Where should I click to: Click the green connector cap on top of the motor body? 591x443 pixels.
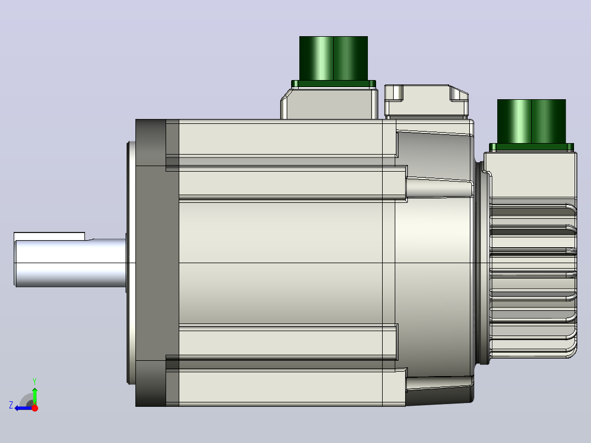click(333, 58)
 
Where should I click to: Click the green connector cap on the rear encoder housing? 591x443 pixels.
click(531, 121)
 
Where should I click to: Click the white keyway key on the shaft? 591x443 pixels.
click(49, 236)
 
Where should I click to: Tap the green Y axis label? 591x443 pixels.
click(35, 381)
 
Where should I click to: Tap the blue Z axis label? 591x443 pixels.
click(11, 405)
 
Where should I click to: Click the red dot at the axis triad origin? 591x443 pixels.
click(35, 408)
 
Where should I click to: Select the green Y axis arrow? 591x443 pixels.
click(35, 396)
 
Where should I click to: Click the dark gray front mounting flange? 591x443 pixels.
click(151, 263)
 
